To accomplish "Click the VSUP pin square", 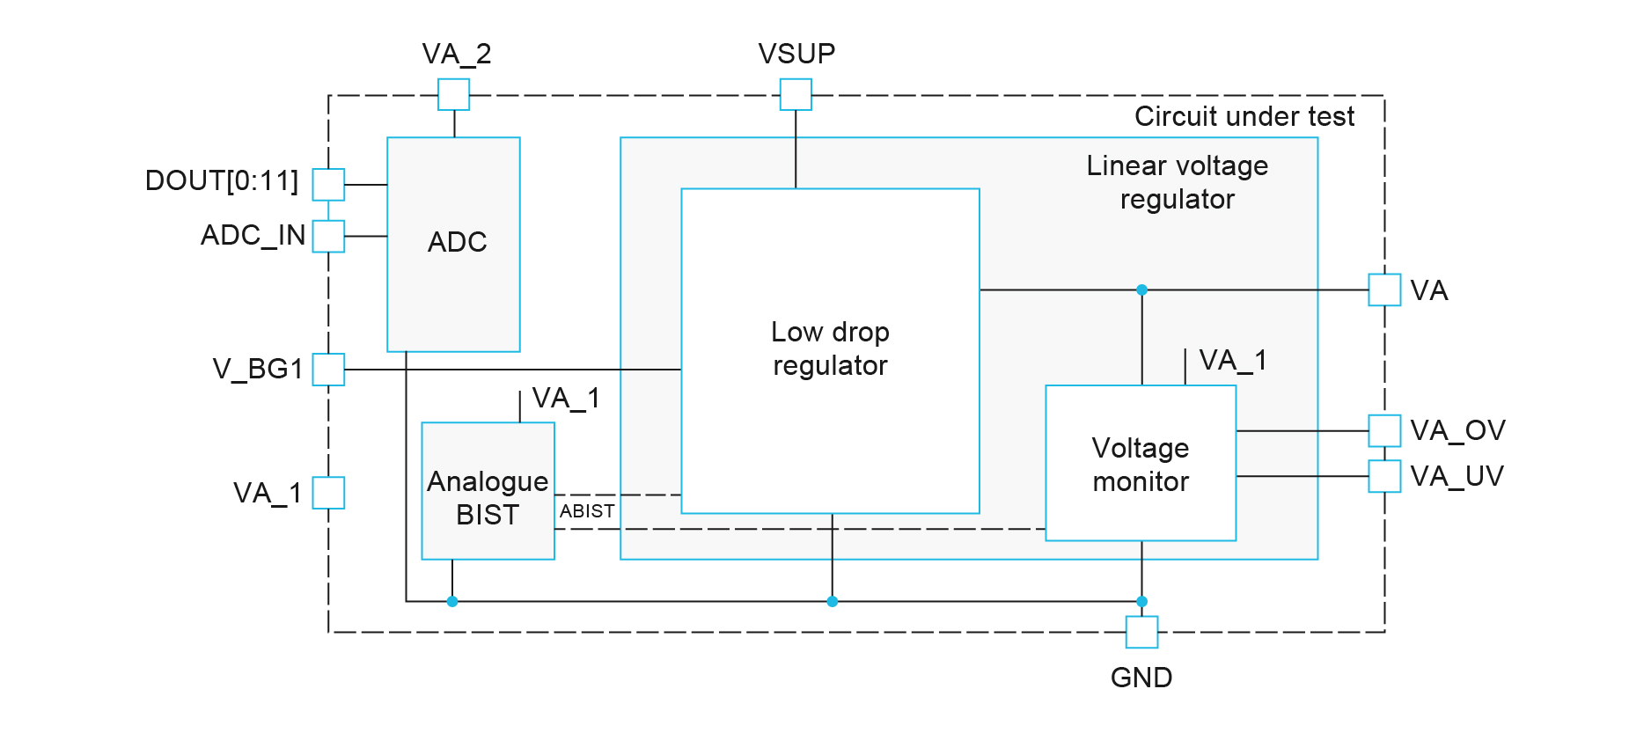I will pyautogui.click(x=796, y=94).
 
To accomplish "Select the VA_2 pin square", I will pyautogui.click(x=454, y=94).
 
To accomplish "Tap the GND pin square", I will pyautogui.click(x=1141, y=632).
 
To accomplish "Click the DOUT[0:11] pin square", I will pyautogui.click(x=328, y=185).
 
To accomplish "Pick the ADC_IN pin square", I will pyautogui.click(x=328, y=236).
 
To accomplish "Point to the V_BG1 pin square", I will pyautogui.click(x=328, y=370).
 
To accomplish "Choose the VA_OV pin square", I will pyautogui.click(x=1384, y=430).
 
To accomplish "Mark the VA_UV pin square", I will pyautogui.click(x=1384, y=476).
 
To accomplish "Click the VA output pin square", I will pyautogui.click(x=1384, y=290).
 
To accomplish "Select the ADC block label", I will pyautogui.click(x=457, y=242).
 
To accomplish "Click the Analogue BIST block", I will pyautogui.click(x=488, y=491).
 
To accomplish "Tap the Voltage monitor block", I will pyautogui.click(x=1141, y=464).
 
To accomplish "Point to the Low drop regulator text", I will pyautogui.click(x=830, y=348).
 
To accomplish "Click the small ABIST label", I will pyautogui.click(x=587, y=511).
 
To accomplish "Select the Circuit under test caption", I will pyautogui.click(x=1244, y=116).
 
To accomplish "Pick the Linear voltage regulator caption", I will pyautogui.click(x=1177, y=182).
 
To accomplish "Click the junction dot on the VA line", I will pyautogui.click(x=1141, y=290).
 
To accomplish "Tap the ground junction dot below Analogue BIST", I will pyautogui.click(x=452, y=602).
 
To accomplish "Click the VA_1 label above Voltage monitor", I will pyautogui.click(x=1232, y=360).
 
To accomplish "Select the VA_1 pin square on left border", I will pyautogui.click(x=328, y=493).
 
